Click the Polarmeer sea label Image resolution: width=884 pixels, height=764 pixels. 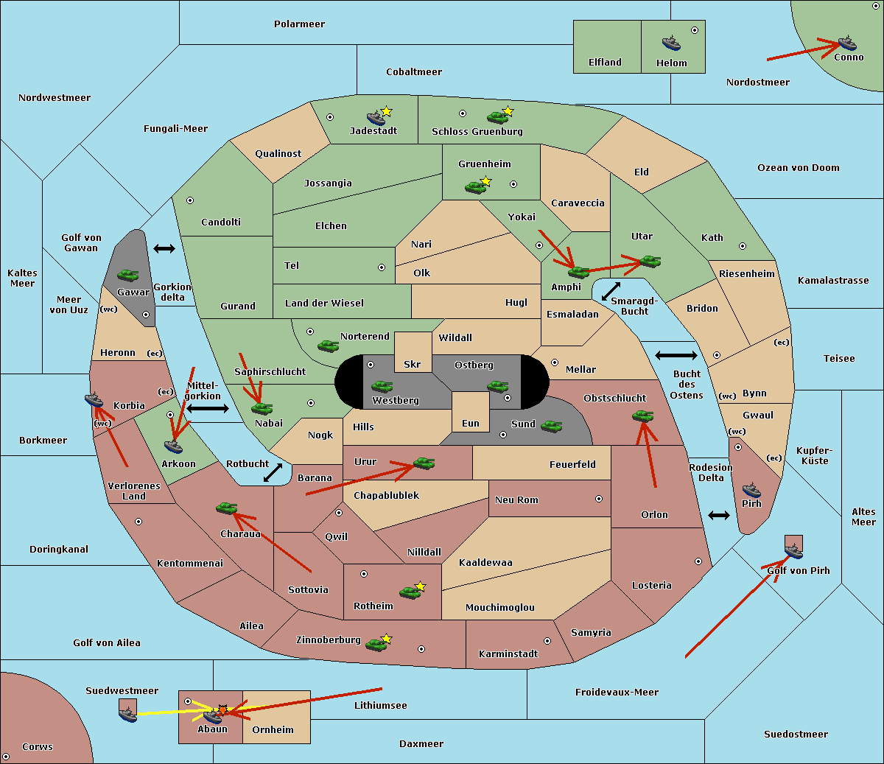pos(299,24)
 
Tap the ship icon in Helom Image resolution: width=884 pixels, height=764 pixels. pos(671,43)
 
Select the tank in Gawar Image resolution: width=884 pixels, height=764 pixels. pos(128,275)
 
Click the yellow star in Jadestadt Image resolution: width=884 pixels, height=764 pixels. pos(386,111)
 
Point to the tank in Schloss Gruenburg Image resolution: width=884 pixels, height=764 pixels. pos(497,116)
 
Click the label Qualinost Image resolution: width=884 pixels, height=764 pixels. pos(278,153)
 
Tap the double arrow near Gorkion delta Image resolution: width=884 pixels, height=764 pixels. pos(164,248)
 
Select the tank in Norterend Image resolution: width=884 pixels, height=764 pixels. pos(329,346)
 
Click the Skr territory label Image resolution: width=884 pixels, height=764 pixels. pos(412,364)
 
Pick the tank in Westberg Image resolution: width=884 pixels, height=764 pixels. pos(382,387)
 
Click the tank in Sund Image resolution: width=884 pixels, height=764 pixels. pos(551,426)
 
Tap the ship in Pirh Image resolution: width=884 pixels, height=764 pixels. pos(751,490)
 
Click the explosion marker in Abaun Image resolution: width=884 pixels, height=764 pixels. pos(222,710)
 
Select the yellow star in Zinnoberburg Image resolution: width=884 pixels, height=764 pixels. pos(386,639)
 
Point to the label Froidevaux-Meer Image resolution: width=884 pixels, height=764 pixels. pos(617,692)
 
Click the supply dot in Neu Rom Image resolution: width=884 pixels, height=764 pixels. pos(599,499)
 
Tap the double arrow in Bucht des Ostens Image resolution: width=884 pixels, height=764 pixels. pos(676,355)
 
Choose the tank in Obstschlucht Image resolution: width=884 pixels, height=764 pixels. pos(643,416)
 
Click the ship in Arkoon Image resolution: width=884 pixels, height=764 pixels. pos(173,446)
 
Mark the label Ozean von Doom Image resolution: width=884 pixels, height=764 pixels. pos(799,168)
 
